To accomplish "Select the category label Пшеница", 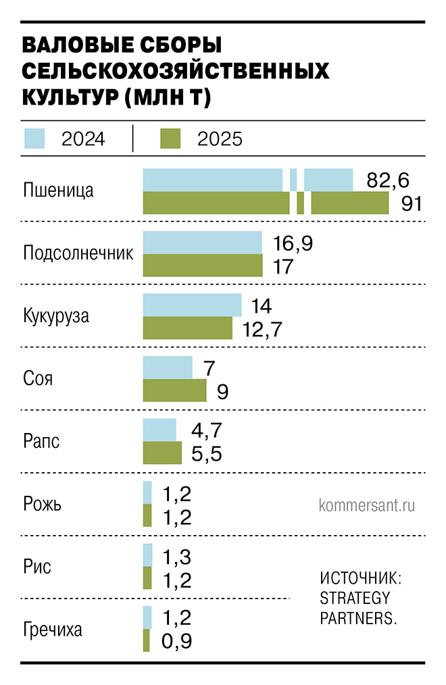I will coord(58,191).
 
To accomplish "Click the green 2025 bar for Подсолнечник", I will coord(203,265).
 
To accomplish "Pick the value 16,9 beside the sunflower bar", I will coord(292,243).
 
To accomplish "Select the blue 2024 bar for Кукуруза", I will coord(192,305).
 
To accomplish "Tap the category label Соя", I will coord(38,378).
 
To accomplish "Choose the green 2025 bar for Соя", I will coord(174,390).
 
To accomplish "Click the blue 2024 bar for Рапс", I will coord(159,430).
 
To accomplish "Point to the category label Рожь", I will coord(43,504).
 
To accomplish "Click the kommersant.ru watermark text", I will coord(366,505).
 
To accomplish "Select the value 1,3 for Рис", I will coord(178,557).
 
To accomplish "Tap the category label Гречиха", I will coord(53,630).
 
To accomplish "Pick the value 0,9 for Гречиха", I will coord(178,641).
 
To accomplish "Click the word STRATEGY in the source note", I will coord(355,598).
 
